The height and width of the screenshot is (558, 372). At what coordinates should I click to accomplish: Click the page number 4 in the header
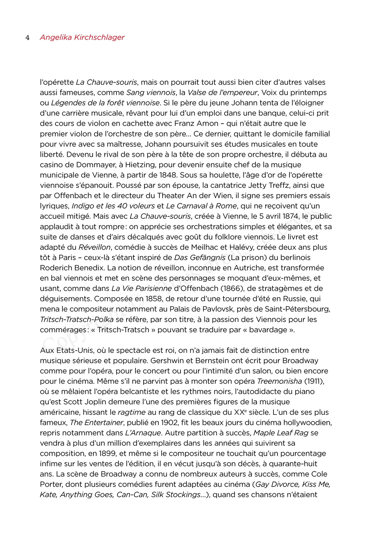(28, 38)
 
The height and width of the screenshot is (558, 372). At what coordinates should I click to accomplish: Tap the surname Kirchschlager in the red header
(99, 37)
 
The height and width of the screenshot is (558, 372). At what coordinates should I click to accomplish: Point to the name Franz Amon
(196, 124)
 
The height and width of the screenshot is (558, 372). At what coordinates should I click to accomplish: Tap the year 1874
(290, 217)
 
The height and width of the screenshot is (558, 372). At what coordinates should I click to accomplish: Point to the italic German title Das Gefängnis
(200, 258)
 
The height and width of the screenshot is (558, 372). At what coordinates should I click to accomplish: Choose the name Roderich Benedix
(72, 268)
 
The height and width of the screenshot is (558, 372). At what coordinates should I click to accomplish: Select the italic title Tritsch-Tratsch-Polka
(77, 319)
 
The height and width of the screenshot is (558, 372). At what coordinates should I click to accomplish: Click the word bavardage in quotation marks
(269, 330)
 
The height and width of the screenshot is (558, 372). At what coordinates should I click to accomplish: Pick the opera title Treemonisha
(279, 381)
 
